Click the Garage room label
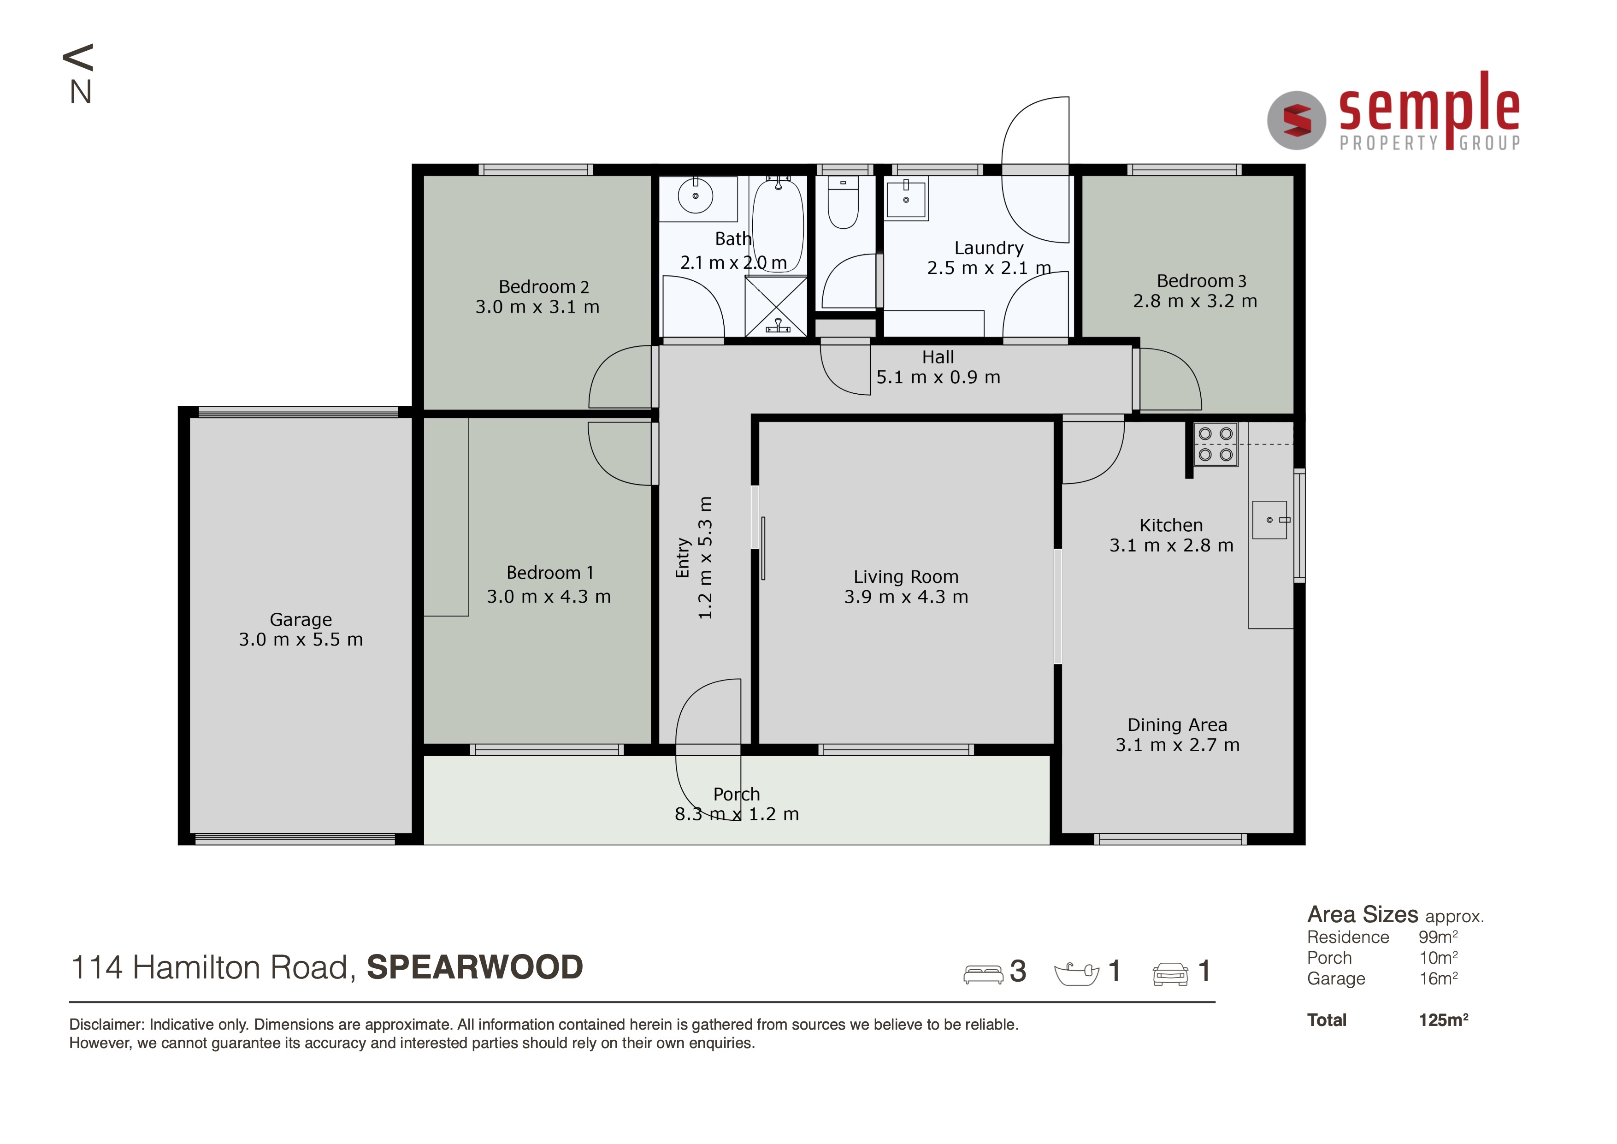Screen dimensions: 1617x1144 coord(301,620)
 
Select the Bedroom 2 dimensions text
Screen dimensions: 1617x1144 coord(537,307)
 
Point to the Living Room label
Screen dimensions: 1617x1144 coord(906,577)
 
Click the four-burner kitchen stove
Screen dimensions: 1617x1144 coord(1216,445)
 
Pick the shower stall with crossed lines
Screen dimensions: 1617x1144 coord(776,307)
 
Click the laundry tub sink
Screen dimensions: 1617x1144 coord(906,199)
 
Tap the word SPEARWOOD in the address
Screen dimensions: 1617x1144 coord(475,967)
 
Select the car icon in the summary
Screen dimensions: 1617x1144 coord(1170,974)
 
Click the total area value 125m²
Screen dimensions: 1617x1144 coord(1444,1020)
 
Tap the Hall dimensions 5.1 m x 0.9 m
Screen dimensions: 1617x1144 coord(938,378)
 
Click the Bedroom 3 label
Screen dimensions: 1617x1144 coord(1202,281)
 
